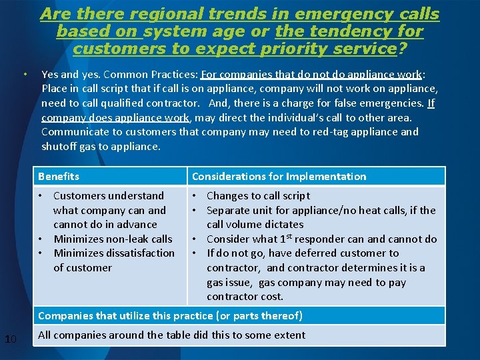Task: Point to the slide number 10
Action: point(10,340)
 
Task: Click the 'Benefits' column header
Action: point(59,177)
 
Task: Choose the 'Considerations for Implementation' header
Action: point(279,177)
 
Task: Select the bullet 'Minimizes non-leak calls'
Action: point(113,239)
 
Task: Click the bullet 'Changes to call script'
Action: point(258,195)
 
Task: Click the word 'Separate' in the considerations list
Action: point(228,210)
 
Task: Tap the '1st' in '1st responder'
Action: point(285,238)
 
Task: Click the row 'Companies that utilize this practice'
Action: point(170,315)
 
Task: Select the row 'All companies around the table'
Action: point(171,335)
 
